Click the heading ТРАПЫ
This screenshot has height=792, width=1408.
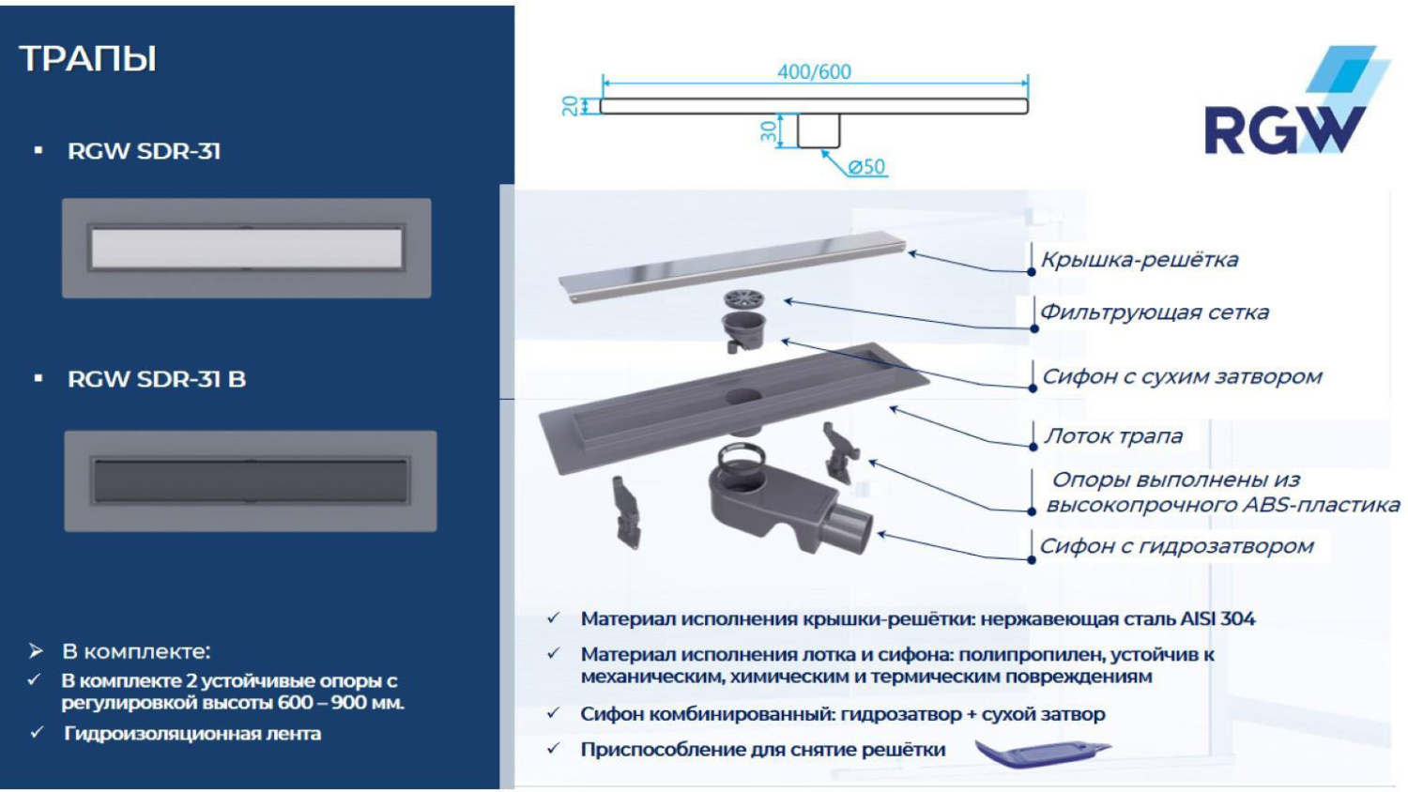[x=88, y=59]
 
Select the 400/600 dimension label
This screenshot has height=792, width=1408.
[x=814, y=72]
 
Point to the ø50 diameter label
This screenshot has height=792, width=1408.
[x=866, y=167]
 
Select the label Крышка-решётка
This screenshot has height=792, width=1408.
[x=1140, y=260]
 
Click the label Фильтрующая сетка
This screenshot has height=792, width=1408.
[x=1155, y=312]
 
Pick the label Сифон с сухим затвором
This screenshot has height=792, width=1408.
[x=1182, y=376]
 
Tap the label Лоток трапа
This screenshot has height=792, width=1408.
[x=1113, y=436]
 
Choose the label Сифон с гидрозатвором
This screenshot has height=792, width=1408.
[x=1177, y=546]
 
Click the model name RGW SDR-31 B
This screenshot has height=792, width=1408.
[x=157, y=379]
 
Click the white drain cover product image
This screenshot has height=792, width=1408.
[x=247, y=249]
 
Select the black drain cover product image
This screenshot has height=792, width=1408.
[x=251, y=481]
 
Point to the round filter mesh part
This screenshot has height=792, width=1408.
[x=743, y=300]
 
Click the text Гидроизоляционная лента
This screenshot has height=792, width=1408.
[x=192, y=734]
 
